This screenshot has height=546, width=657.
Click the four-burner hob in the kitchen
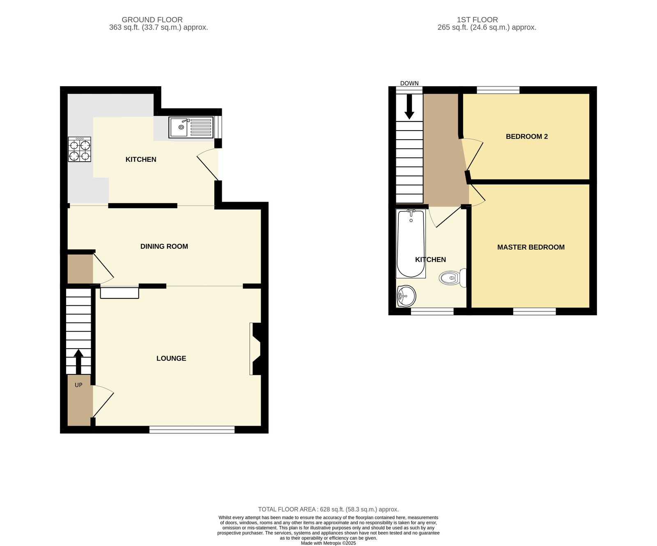[79, 149]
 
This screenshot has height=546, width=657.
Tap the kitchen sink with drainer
[191, 127]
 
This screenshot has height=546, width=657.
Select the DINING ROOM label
[164, 246]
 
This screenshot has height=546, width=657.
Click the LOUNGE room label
[171, 358]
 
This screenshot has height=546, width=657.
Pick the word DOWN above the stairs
[409, 83]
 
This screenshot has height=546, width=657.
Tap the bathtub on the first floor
[410, 243]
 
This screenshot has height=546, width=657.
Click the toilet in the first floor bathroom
[452, 278]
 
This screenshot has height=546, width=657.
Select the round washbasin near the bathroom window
[407, 296]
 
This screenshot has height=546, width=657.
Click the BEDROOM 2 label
[526, 137]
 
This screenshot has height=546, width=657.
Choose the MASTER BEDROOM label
[531, 247]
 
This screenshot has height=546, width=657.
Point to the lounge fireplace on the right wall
[256, 349]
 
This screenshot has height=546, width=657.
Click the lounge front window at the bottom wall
[192, 429]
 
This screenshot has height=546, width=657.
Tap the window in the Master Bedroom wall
[534, 312]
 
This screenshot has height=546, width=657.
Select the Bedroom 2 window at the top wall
[498, 90]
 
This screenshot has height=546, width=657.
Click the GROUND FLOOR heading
[152, 20]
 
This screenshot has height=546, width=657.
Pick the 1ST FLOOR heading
[477, 20]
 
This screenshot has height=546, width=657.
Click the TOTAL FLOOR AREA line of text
[328, 509]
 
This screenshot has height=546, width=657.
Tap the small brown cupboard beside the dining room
[80, 269]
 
